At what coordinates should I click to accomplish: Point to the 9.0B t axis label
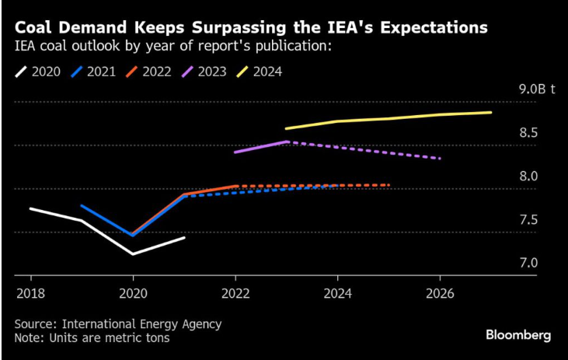[x=537, y=89]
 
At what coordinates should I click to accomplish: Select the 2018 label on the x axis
[x=31, y=293]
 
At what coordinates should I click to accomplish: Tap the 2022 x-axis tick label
[x=235, y=293]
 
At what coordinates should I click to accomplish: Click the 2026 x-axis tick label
[x=440, y=293]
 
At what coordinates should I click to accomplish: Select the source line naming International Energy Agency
[x=117, y=323]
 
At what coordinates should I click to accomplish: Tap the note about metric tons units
[x=92, y=338]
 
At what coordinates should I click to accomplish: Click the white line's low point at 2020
[x=133, y=253]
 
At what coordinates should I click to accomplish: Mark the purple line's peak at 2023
[x=287, y=142]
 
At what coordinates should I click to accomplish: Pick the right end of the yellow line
[x=491, y=112]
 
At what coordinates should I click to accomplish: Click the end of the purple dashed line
[x=441, y=159]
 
